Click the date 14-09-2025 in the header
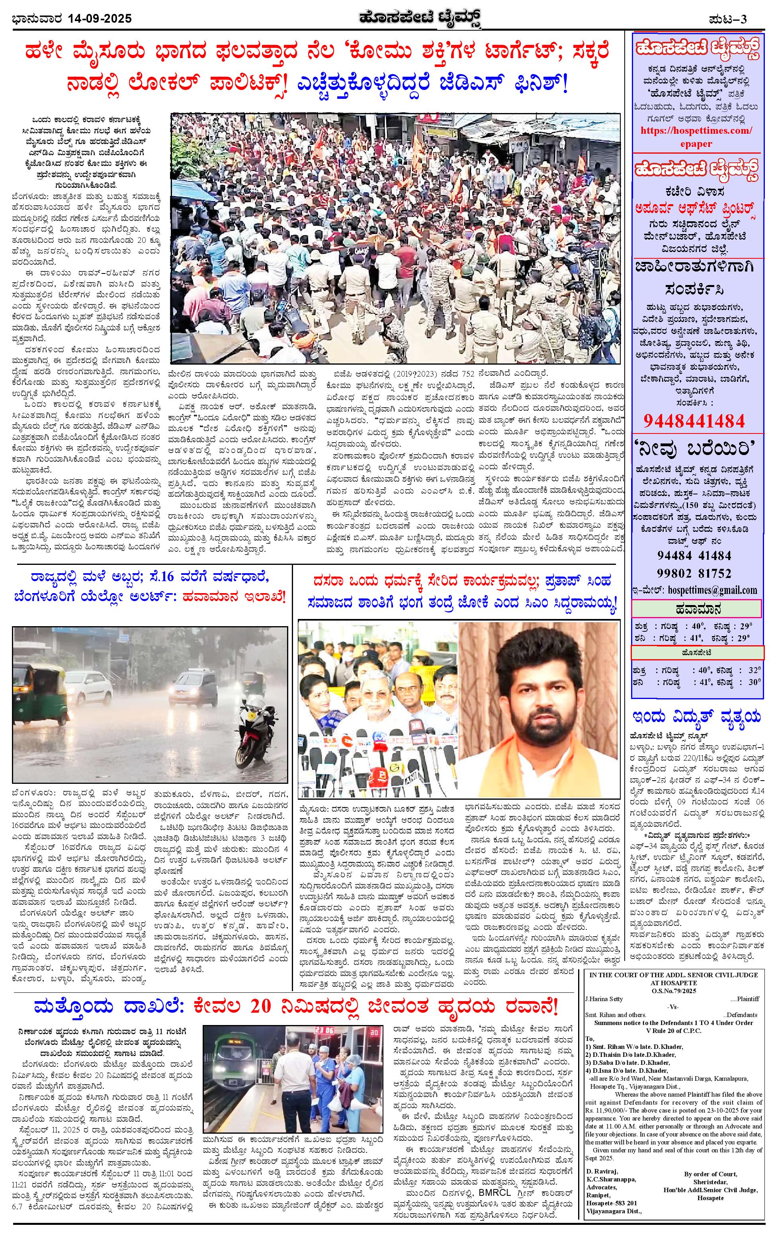(100, 19)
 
